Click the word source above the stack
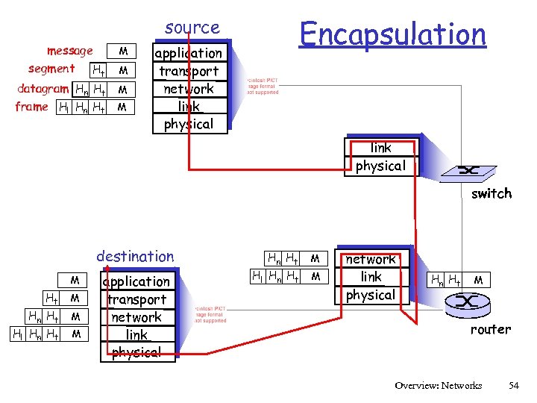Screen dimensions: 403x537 pos(192,28)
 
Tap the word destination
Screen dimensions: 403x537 pos(135,257)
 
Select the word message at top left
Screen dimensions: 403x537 pos(69,51)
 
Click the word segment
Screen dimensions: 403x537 pos(51,69)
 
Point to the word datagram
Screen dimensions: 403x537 pos(43,89)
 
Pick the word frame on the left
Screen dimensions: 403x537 pos(31,107)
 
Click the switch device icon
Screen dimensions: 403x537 pos(468,171)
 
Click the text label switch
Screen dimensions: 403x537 pos(491,193)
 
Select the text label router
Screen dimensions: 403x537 pos(490,329)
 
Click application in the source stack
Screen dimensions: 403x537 pos(188,53)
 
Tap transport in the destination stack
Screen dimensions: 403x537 pos(136,299)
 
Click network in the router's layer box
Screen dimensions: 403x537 pos(371,259)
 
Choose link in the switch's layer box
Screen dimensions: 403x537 pos(380,148)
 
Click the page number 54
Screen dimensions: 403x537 pos(513,385)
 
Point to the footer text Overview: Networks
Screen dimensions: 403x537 pos(438,385)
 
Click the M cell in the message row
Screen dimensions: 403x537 pos(124,51)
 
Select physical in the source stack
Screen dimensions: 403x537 pos(188,124)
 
